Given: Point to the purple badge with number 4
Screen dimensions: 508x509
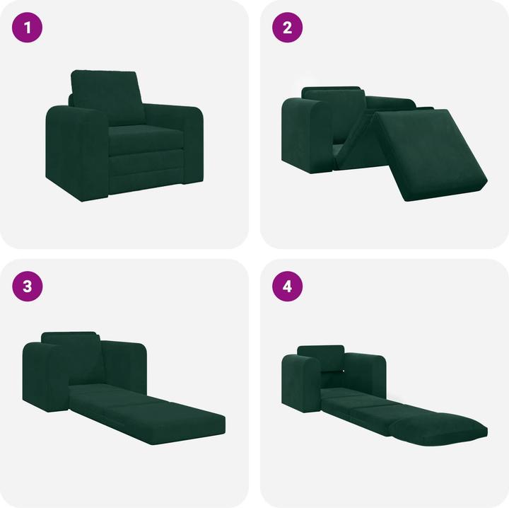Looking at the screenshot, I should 288,287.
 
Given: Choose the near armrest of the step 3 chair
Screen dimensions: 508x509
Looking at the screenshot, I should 46,375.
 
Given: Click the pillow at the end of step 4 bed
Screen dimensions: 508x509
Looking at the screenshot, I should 438,429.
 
